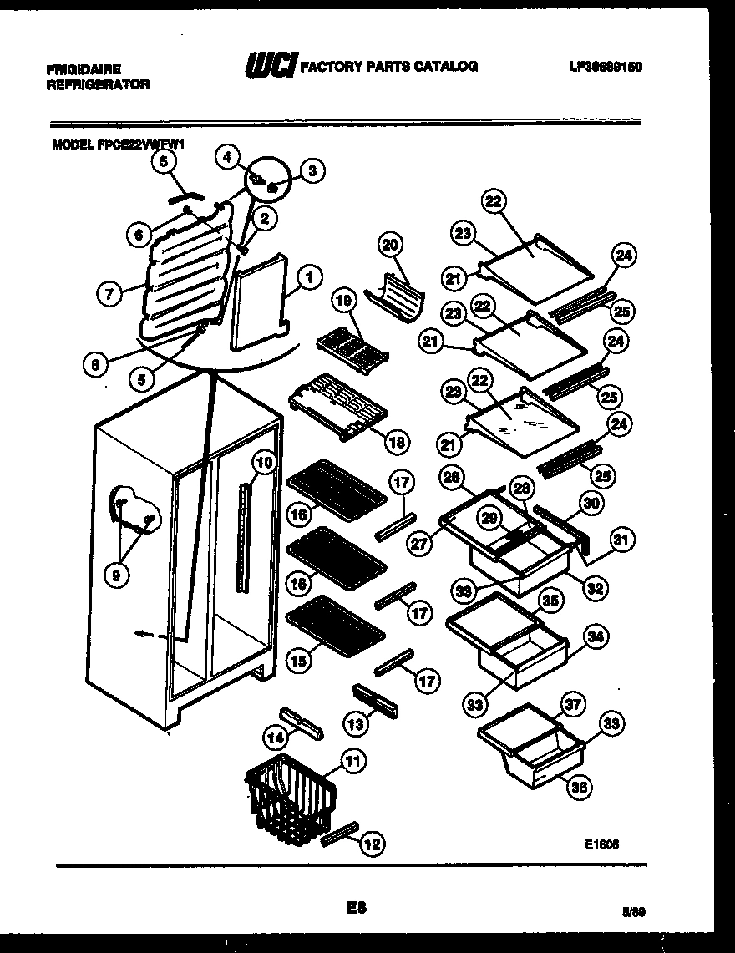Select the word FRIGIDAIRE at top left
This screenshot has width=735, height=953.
point(84,70)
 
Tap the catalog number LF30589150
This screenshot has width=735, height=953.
point(600,67)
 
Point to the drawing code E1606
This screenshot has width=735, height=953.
point(601,844)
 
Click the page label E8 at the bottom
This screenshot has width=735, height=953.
point(357,906)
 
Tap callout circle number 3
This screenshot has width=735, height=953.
point(312,172)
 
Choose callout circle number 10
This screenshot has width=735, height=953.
point(263,462)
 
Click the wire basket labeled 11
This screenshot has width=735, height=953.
point(288,798)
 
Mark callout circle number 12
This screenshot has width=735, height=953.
point(373,844)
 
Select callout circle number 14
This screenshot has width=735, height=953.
point(274,736)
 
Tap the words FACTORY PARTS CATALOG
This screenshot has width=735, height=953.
point(388,67)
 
